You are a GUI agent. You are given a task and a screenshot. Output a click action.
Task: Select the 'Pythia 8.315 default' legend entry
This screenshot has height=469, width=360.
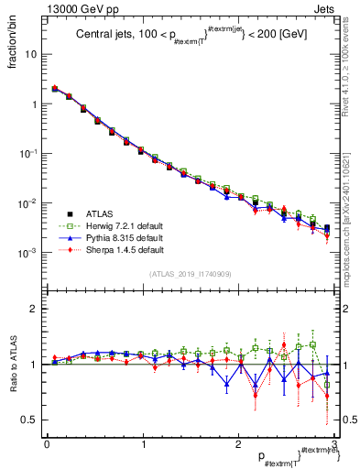(x=125, y=236)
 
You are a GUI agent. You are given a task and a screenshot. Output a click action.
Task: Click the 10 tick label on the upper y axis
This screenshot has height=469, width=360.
(x=32, y=54)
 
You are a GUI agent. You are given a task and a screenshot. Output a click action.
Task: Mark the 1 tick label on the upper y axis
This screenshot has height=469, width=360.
(x=35, y=104)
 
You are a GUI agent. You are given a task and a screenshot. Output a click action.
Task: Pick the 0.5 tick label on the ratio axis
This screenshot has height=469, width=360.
(x=30, y=420)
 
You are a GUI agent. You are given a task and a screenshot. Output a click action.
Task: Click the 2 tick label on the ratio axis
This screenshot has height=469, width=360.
(x=35, y=309)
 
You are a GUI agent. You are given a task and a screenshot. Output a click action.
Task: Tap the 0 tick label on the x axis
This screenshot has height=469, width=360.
(x=46, y=444)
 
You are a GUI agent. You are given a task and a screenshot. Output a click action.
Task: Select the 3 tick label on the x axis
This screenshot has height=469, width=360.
(x=334, y=444)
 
